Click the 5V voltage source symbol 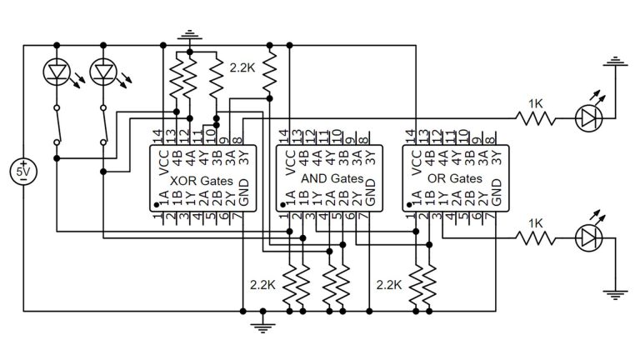coord(23,172)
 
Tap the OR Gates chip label coord(454,179)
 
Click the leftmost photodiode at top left coord(56,74)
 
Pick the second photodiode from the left coord(103,74)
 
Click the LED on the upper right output coord(590,118)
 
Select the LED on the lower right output coord(590,239)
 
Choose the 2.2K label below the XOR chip coord(262,284)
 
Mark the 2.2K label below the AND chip coord(390,284)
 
